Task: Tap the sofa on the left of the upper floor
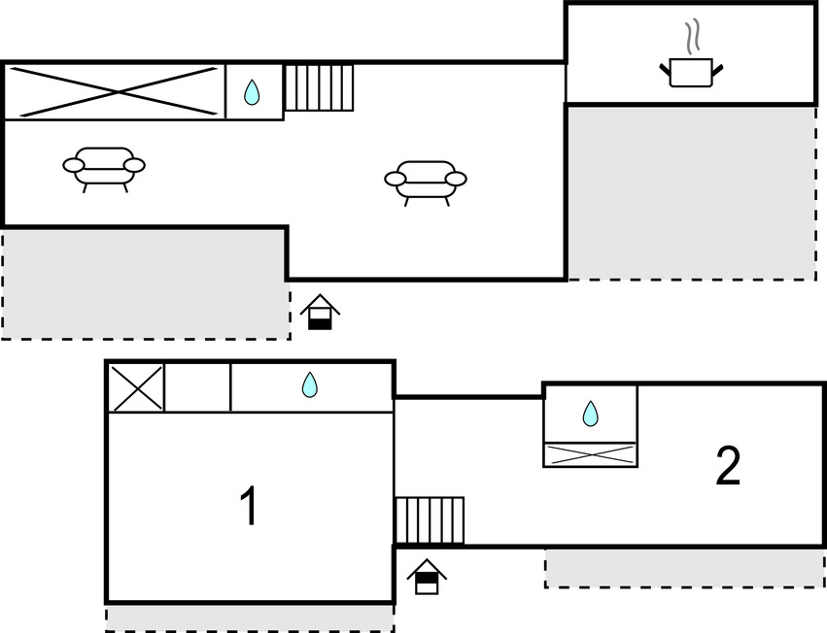point(104,167)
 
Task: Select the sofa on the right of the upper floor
point(426,180)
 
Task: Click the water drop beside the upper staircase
point(253,92)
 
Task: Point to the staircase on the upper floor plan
point(319,87)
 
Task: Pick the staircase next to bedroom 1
point(430,520)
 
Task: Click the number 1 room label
point(249,507)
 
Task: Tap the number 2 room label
point(728,467)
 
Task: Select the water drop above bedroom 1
point(310,385)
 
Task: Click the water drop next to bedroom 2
point(590,415)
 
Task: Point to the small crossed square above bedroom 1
point(136,387)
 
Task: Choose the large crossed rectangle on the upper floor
point(115,92)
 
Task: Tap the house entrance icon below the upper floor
point(320,313)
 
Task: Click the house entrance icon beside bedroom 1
point(426,577)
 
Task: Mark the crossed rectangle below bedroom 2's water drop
point(590,454)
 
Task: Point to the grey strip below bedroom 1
point(249,617)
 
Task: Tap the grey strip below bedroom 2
point(684,567)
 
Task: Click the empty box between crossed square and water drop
point(198,387)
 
